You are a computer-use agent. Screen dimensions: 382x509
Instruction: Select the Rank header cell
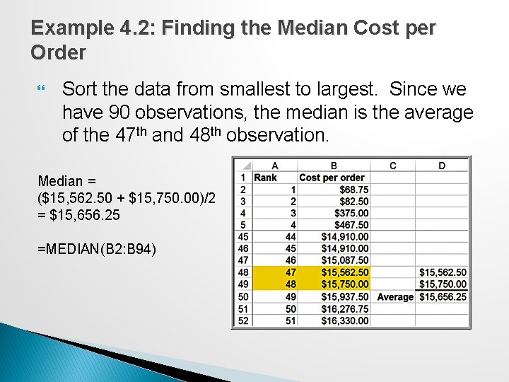(x=265, y=178)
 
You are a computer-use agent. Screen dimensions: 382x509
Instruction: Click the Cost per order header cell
(x=332, y=178)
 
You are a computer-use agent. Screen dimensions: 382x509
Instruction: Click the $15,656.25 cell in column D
(x=443, y=296)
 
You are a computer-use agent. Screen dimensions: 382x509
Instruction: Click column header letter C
(x=392, y=166)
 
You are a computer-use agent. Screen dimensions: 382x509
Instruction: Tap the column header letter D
(x=442, y=166)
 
